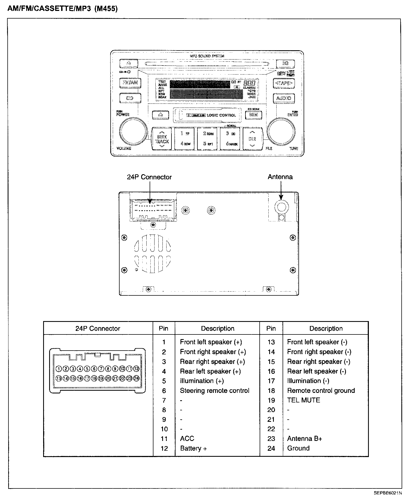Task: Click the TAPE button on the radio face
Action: pos(284,83)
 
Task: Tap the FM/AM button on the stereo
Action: pos(130,82)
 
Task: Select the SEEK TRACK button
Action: pos(162,139)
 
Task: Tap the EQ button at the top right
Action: pos(285,64)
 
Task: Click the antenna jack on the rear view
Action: pos(281,206)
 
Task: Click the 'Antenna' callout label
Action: pos(280,177)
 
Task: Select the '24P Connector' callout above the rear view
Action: pos(149,177)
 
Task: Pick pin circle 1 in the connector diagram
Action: pos(58,369)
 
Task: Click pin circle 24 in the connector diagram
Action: pos(136,378)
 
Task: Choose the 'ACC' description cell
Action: pos(187,438)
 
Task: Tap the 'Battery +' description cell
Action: pos(193,448)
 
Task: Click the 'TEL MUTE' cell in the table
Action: pos(303,400)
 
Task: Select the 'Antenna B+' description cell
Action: pos(304,438)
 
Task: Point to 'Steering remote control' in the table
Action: pos(215,391)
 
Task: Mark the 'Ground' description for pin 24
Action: pos(298,448)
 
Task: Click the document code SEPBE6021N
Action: pos(388,493)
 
